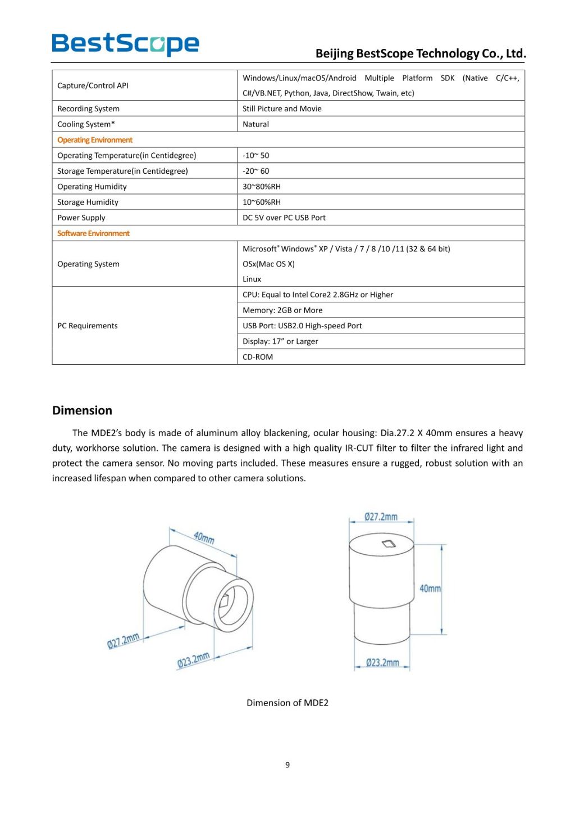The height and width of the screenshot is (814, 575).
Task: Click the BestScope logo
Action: [125, 44]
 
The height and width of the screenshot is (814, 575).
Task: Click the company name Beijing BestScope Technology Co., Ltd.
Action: [421, 54]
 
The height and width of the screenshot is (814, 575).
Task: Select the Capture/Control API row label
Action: [93, 85]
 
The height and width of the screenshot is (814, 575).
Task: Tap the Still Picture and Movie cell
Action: [282, 108]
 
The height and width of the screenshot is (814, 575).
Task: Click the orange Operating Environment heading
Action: [95, 140]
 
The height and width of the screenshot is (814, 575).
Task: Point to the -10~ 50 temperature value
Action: [255, 155]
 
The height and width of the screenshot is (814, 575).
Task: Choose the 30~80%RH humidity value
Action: [261, 187]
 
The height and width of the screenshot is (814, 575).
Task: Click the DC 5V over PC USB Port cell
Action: [284, 218]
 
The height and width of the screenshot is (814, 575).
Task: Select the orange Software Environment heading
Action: [93, 233]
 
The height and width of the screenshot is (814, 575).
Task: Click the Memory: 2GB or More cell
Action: [282, 310]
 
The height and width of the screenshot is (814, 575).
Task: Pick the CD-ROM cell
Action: [258, 357]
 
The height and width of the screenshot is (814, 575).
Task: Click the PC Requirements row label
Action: [88, 325]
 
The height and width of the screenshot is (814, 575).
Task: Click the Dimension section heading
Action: [82, 410]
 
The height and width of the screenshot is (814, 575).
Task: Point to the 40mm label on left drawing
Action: [204, 537]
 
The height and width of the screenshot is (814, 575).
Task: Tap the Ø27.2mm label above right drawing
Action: [381, 517]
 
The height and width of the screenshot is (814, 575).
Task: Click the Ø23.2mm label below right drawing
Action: [382, 663]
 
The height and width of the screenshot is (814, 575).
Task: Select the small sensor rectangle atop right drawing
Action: [389, 543]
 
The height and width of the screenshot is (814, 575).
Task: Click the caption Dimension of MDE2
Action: [287, 703]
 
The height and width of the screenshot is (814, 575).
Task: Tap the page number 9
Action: [287, 765]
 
